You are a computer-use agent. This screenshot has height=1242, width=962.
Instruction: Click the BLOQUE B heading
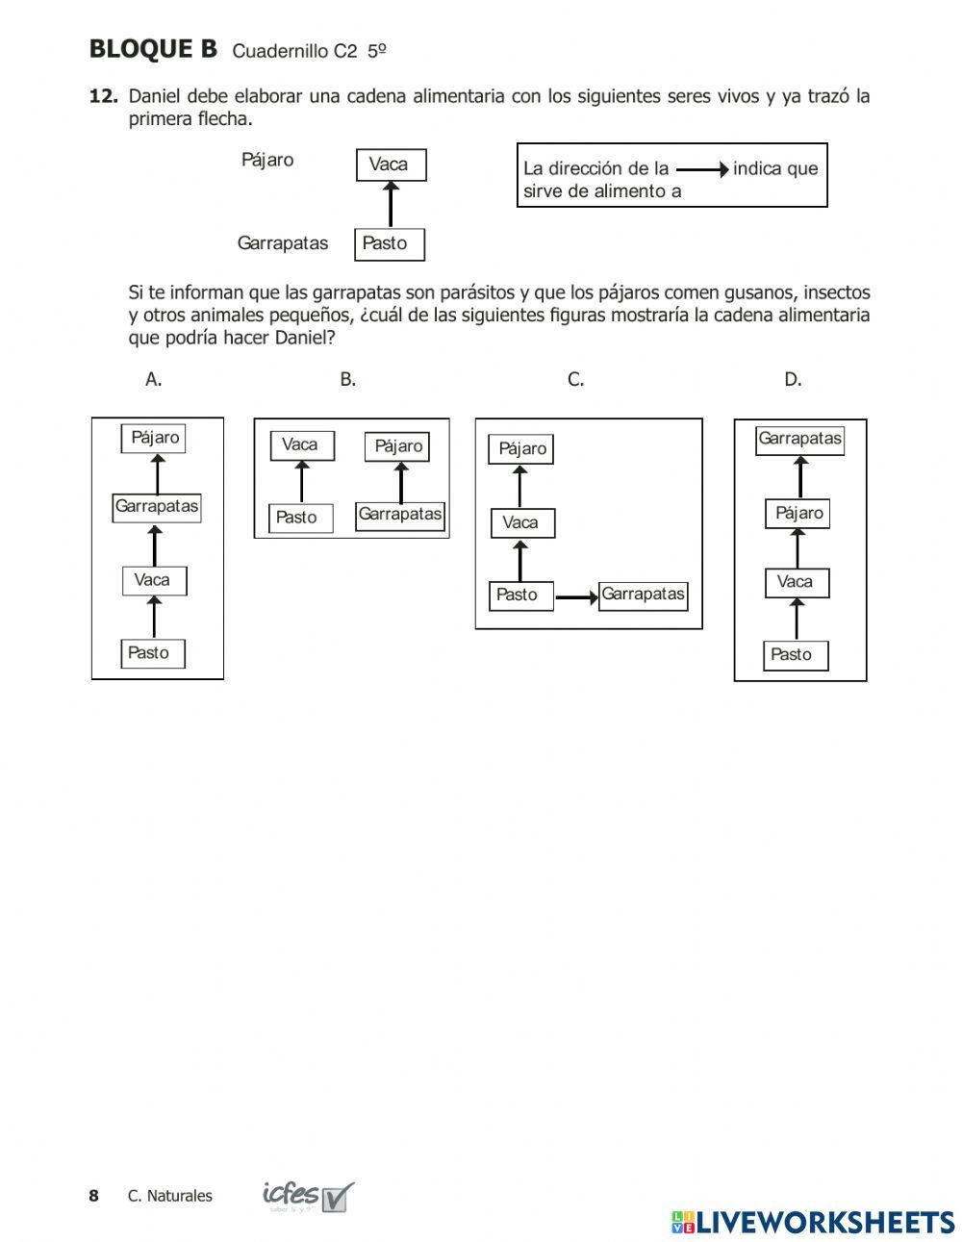pos(153,49)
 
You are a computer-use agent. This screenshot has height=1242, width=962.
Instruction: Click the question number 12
pos(103,96)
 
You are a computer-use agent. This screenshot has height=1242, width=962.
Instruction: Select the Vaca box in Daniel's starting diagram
pos(390,165)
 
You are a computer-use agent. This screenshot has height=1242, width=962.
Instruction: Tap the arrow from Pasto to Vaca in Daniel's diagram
pos(390,204)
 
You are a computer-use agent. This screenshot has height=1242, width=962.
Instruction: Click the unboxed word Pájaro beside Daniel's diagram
pos(267,160)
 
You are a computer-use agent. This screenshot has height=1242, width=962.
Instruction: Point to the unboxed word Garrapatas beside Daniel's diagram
pos(282,243)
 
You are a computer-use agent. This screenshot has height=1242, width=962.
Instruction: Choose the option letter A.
pos(153,379)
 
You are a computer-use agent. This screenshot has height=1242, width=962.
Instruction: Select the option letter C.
pos(575,379)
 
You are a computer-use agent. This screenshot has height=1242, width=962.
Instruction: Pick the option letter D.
pos(793,379)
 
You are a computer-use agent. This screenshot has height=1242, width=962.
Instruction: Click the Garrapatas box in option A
pos(157,507)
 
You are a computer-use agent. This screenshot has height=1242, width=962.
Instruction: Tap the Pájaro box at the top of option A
pos(155,438)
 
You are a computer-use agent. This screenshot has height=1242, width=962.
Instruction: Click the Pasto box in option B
pos(299,518)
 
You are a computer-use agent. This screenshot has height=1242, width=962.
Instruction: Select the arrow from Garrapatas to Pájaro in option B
pos(400,482)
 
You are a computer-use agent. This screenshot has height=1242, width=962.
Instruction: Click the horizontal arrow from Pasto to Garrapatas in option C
pos(576,597)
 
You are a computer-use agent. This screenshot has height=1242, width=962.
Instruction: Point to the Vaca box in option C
pos(522,523)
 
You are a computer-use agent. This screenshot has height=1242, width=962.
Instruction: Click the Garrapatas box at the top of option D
pos(799,440)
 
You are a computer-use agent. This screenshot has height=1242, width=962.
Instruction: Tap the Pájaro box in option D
pos(797,514)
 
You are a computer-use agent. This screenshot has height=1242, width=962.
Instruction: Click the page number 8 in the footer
pos(93,1196)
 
